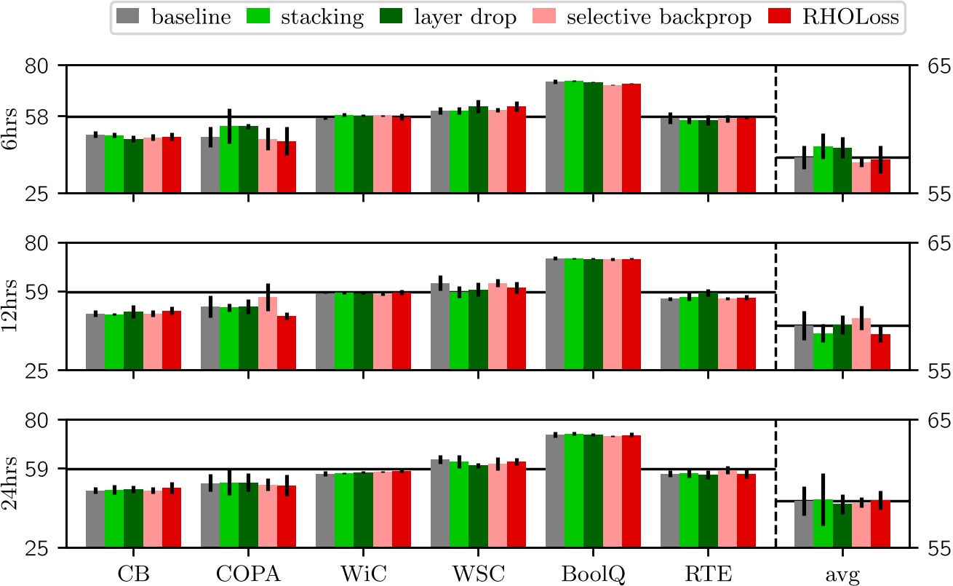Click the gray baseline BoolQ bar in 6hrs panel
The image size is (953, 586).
(554, 138)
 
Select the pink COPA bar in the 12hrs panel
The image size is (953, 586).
(267, 333)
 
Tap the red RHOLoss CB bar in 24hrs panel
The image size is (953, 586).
(172, 518)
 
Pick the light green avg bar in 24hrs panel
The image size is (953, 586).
(823, 523)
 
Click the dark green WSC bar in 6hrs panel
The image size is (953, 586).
(478, 150)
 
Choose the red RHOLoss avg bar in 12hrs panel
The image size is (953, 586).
(880, 352)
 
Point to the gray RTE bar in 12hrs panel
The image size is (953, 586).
(669, 334)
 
